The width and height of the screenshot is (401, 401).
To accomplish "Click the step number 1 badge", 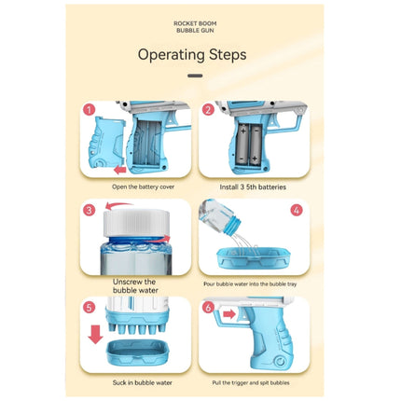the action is click(90, 110).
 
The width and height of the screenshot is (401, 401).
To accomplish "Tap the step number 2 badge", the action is click(208, 110).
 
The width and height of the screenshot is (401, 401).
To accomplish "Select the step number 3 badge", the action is click(90, 210).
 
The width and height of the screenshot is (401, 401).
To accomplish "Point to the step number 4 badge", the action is click(297, 210).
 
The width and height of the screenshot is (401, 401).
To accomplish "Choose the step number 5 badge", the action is click(90, 308).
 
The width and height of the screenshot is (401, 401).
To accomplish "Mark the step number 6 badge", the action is click(208, 308).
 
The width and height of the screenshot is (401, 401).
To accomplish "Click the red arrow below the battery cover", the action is click(120, 170).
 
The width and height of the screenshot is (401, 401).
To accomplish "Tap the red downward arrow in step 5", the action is click(95, 335).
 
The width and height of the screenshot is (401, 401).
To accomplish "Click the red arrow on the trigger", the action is click(229, 314).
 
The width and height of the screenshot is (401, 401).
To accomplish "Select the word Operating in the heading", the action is click(172, 55).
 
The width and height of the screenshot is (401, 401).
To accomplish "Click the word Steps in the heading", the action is click(228, 55).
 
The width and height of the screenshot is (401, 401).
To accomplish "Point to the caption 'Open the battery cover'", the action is click(143, 187).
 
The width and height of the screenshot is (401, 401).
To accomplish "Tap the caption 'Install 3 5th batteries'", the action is click(253, 187).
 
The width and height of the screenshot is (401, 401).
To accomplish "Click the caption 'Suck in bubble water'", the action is click(142, 382).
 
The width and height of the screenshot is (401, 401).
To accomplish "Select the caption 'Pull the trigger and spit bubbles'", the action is click(251, 382).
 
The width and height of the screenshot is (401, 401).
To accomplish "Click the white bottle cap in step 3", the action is click(136, 223).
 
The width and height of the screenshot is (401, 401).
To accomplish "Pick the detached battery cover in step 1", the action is click(106, 142).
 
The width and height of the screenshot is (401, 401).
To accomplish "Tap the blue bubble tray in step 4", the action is click(254, 258).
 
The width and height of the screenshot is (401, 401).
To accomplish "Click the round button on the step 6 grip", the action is click(281, 362).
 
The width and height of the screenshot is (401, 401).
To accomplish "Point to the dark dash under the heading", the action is click(195, 76).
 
